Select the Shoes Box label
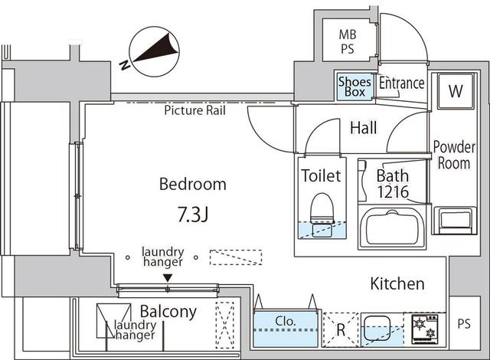pyautogui.click(x=354, y=87)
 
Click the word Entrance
pyautogui.click(x=401, y=83)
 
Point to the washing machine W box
pyautogui.click(x=456, y=92)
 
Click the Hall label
pyautogui.click(x=363, y=128)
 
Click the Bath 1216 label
pyautogui.click(x=391, y=182)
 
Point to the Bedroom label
pyautogui.click(x=192, y=184)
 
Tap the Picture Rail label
pyautogui.click(x=194, y=110)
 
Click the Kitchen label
pyautogui.click(x=397, y=284)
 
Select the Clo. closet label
pyautogui.click(x=284, y=322)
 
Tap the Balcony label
pyautogui.click(x=168, y=312)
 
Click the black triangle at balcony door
pyautogui.click(x=168, y=278)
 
